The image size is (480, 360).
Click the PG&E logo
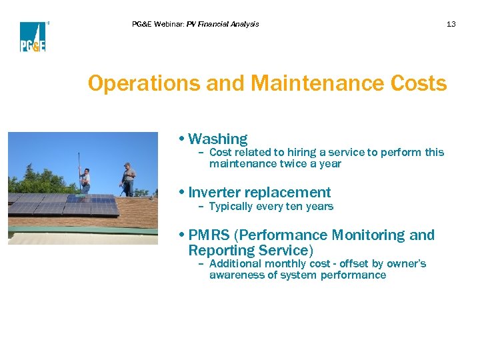coord(33,37)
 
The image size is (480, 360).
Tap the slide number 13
coord(451,24)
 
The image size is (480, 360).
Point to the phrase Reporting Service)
coord(251,251)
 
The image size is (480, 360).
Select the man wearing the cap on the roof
coord(128,179)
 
